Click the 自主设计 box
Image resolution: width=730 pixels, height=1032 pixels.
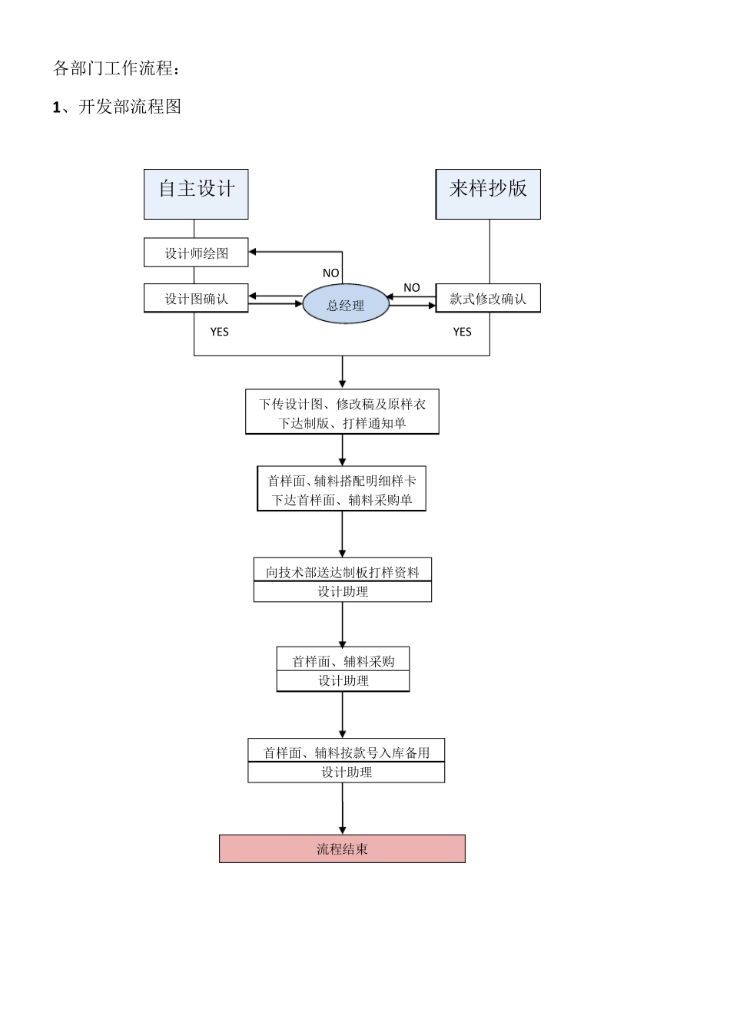point(196,194)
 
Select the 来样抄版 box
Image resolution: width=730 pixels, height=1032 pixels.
point(488,194)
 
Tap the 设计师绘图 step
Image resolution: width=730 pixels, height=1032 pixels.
point(196,253)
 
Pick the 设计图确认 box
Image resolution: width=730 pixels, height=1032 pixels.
point(196,299)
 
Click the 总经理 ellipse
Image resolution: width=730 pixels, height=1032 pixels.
point(345,305)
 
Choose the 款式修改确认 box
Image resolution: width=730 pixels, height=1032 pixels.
point(488,299)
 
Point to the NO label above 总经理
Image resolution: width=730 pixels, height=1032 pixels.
point(330,273)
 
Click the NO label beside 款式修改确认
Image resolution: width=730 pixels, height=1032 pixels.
point(412,288)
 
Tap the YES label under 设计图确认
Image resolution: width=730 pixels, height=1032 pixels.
point(220,332)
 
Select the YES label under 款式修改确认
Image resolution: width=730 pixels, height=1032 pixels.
point(462,332)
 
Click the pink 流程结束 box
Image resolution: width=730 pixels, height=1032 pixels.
point(342,849)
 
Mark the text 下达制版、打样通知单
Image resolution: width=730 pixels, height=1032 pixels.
point(342,423)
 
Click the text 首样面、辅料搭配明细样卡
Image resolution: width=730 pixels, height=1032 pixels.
point(342,481)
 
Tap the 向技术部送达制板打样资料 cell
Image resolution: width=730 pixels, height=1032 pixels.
point(343,571)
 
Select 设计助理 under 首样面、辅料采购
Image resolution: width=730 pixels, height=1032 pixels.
point(343,681)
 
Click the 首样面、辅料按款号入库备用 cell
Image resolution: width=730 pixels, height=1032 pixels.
point(346,752)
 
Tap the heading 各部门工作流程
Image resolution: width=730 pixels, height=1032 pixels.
point(118,68)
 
